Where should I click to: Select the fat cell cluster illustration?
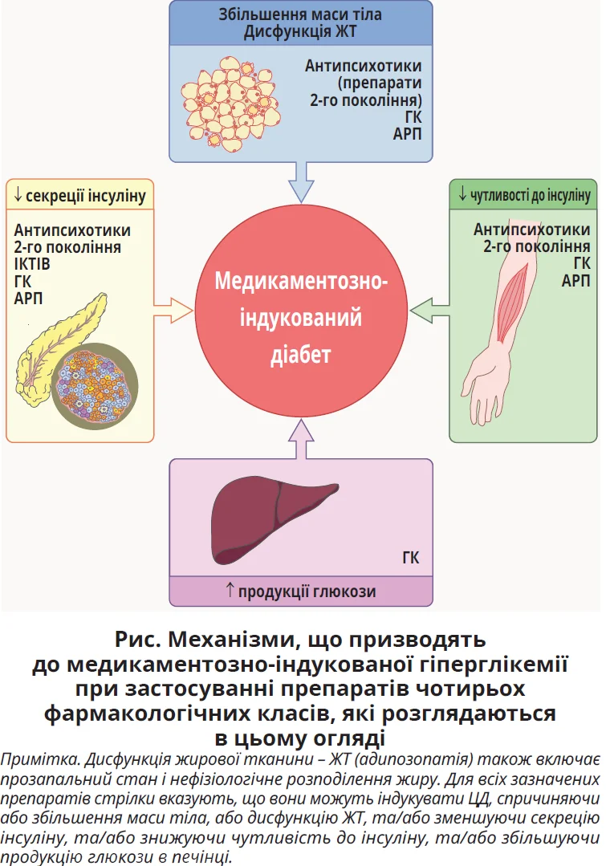click(229, 100)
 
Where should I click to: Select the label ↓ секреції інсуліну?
click(79, 195)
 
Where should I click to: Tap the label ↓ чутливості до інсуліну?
click(524, 195)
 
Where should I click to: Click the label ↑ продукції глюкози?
click(300, 592)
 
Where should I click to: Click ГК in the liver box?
click(410, 558)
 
